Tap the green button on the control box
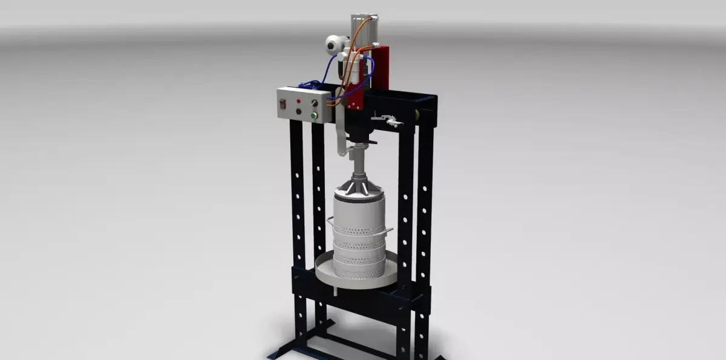pos(313,116)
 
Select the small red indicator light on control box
pos(298,100)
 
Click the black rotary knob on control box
pos(298,111)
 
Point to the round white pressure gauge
pos(334,44)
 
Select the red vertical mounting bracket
pos(381,70)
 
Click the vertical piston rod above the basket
pos(360,160)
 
